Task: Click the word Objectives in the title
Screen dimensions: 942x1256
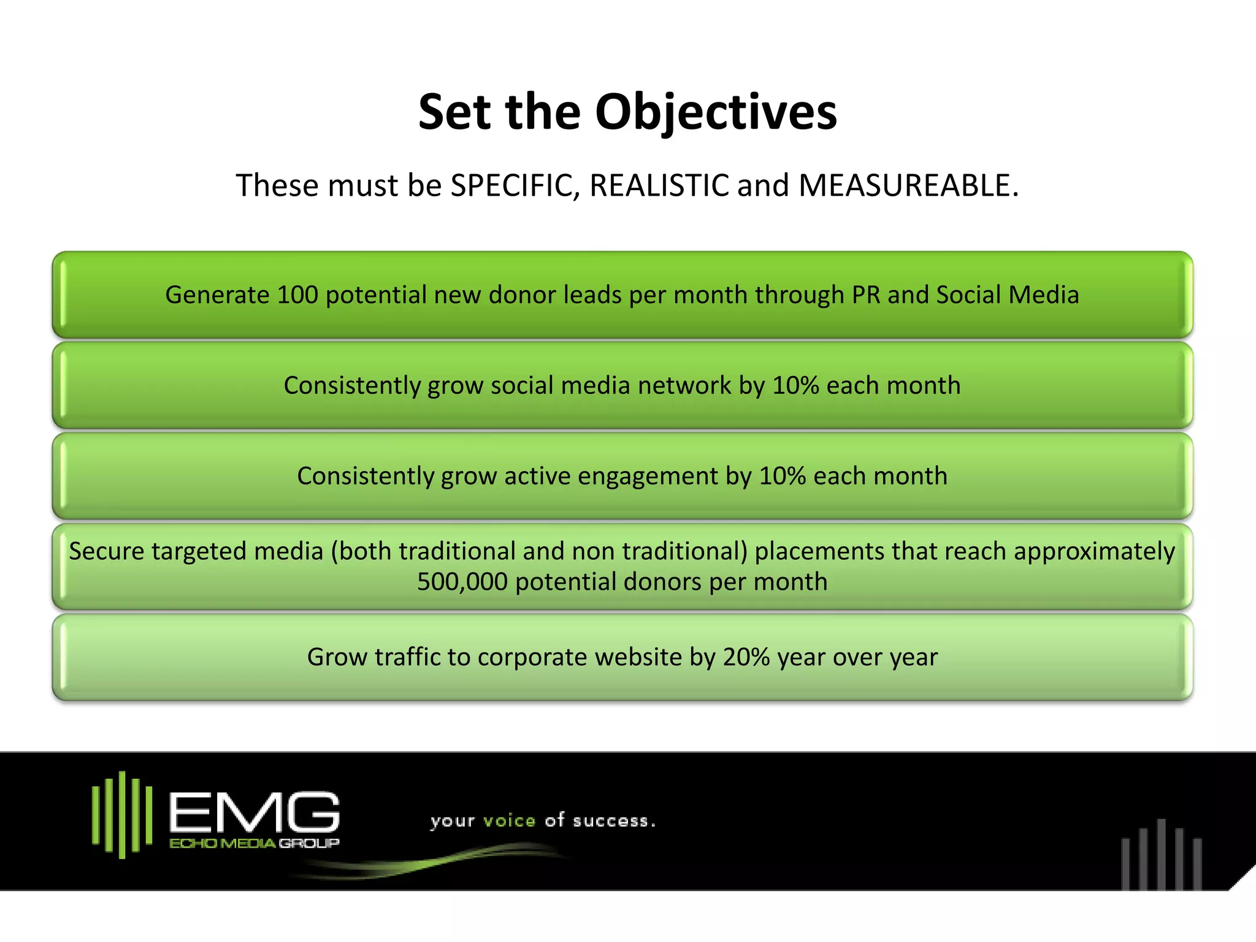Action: click(716, 113)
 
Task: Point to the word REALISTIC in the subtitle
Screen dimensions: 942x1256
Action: click(659, 185)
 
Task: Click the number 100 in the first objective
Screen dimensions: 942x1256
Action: click(297, 295)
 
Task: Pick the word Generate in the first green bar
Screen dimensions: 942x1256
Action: click(217, 295)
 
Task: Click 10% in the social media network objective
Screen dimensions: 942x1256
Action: click(795, 386)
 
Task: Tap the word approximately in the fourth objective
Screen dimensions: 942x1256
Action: click(1094, 551)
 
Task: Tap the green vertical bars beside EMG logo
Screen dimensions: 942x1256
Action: click(122, 814)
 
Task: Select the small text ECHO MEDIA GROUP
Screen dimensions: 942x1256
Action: click(254, 844)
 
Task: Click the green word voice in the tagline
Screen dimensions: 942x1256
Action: click(509, 821)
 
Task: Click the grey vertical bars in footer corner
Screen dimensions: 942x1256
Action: click(1161, 856)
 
